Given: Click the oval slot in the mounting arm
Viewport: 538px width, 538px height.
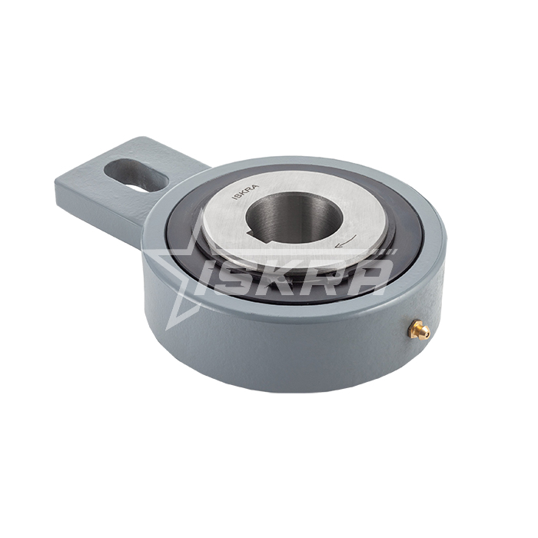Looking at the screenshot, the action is pos(136,174).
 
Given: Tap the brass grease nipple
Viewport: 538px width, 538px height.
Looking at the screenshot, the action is pos(418,330).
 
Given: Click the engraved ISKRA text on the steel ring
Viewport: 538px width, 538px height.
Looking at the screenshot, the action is pos(246,192).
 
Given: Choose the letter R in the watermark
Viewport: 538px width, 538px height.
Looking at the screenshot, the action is pos(325,278).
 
